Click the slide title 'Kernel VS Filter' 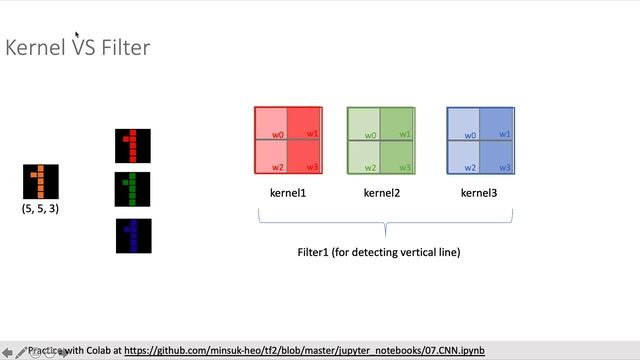[x=78, y=47]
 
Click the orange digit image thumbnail [x=41, y=182]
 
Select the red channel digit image [x=133, y=145]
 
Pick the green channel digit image [x=133, y=190]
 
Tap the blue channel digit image [x=133, y=235]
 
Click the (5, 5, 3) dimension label [x=41, y=209]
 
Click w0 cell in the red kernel [x=271, y=123]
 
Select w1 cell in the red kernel [x=305, y=123]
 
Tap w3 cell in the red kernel [x=305, y=157]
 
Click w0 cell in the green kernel [x=363, y=123]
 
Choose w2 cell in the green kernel [x=363, y=157]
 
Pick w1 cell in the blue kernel [x=497, y=123]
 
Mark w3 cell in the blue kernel [x=497, y=157]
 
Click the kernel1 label [x=288, y=192]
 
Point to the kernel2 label [x=381, y=192]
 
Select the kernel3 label [x=479, y=192]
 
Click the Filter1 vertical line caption [x=379, y=252]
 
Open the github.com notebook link [x=304, y=351]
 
